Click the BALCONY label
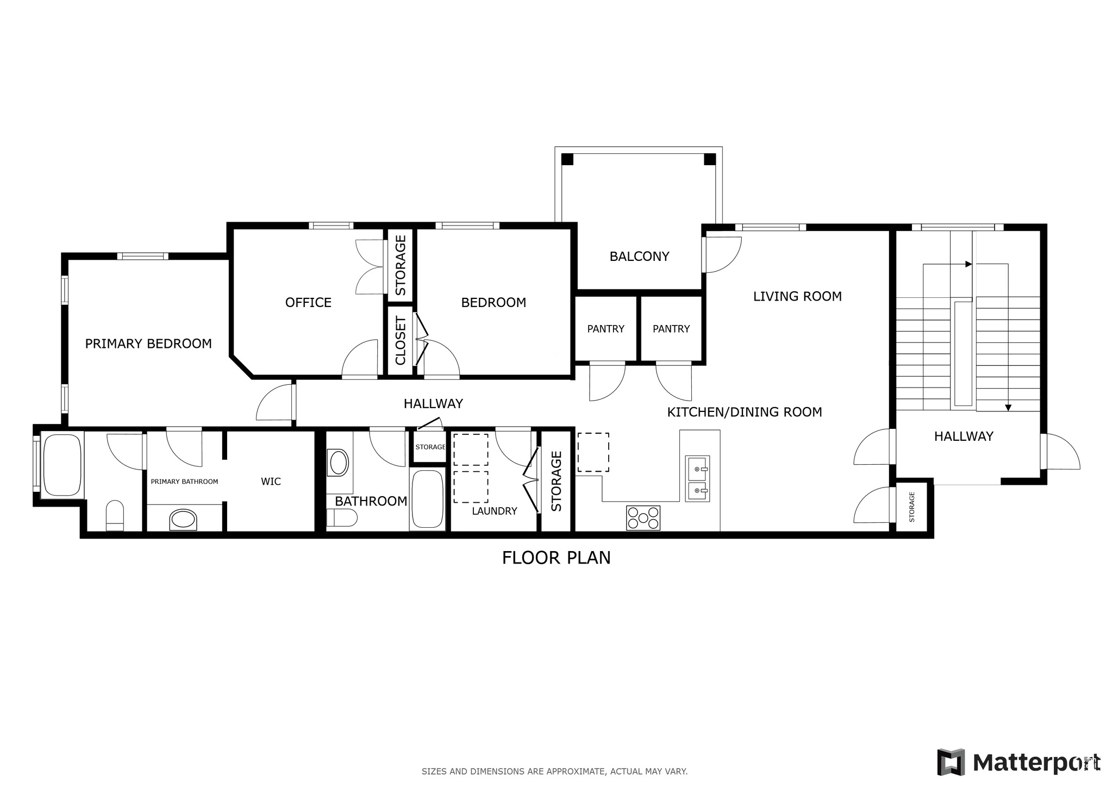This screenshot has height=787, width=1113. coord(639,257)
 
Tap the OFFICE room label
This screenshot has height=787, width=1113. coord(308,303)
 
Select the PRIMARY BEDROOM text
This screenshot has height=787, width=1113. coord(148,343)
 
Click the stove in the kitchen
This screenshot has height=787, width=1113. coord(643,517)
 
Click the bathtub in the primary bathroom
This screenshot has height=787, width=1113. coord(62,465)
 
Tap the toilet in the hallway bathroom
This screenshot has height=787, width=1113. coord(341,518)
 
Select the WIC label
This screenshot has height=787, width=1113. coord(271,482)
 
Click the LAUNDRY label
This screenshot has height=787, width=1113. coord(494,511)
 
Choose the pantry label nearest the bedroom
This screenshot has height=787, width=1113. coord(605,329)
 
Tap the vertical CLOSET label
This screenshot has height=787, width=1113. coord(401,341)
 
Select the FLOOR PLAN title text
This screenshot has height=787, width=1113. coord(556,558)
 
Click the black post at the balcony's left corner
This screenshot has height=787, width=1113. coord(567,159)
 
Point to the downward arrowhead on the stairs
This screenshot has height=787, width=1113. coord(1008,407)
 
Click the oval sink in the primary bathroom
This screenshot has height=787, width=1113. coord(183,520)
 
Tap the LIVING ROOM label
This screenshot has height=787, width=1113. coord(797,296)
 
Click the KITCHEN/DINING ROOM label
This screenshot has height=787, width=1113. coord(744,412)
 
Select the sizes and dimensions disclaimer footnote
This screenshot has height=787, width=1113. coord(554,771)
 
